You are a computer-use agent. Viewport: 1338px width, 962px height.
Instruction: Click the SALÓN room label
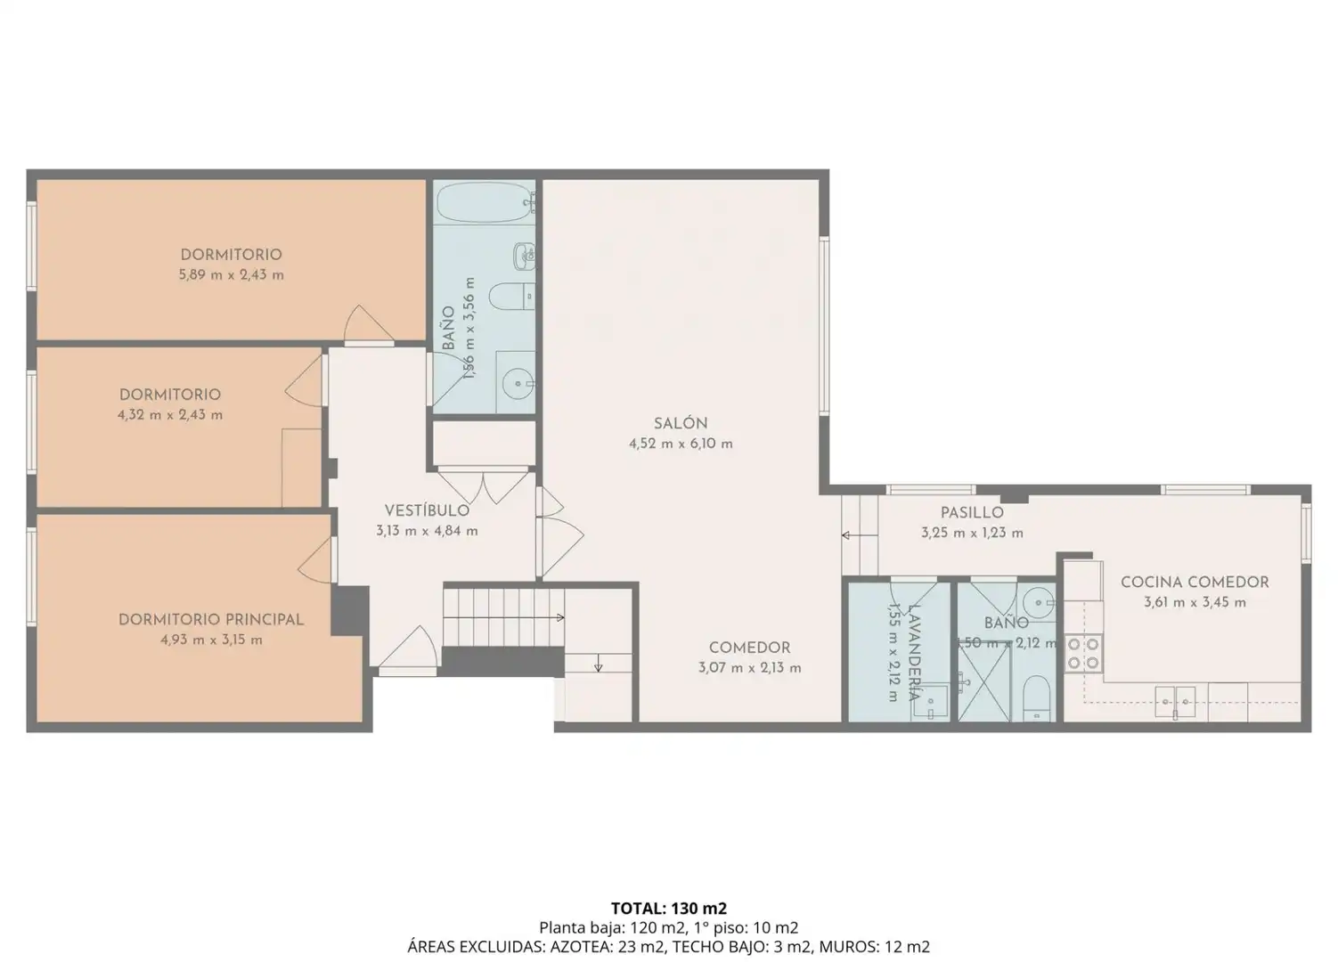coord(681,423)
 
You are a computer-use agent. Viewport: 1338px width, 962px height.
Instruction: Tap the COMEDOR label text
coord(750,648)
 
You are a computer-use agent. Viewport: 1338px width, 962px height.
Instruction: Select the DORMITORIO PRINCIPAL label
coord(211,620)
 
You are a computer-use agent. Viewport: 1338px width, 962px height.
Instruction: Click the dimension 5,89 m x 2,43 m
coord(231,275)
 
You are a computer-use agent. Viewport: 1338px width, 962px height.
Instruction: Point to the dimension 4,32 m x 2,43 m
coord(170,414)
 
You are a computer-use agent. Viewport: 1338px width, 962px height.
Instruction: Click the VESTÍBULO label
coord(427,510)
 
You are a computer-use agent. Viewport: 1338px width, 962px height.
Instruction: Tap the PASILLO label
coord(972,512)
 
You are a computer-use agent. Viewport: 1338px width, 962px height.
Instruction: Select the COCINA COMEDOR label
coord(1195,583)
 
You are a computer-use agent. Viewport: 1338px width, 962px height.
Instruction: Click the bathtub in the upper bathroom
coord(484,202)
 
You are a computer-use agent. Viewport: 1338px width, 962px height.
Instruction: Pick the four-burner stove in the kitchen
coord(1083,653)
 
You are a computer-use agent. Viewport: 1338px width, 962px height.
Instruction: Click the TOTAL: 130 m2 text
coord(668,909)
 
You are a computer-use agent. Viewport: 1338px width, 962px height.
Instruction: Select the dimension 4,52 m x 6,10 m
coord(681,444)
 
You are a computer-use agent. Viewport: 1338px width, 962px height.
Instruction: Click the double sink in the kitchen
coord(1175,700)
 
